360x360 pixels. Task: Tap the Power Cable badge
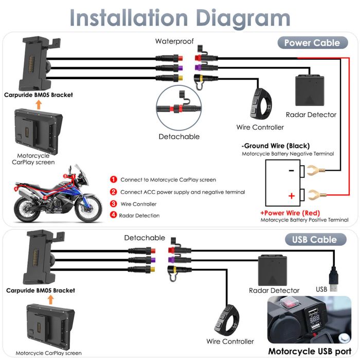[312, 43]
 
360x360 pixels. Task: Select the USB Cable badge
[314, 239]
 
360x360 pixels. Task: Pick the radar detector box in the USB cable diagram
[273, 268]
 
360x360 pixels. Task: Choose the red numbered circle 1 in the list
[113, 179]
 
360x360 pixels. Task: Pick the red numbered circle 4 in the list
[113, 215]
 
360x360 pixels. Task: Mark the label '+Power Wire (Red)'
[290, 213]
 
